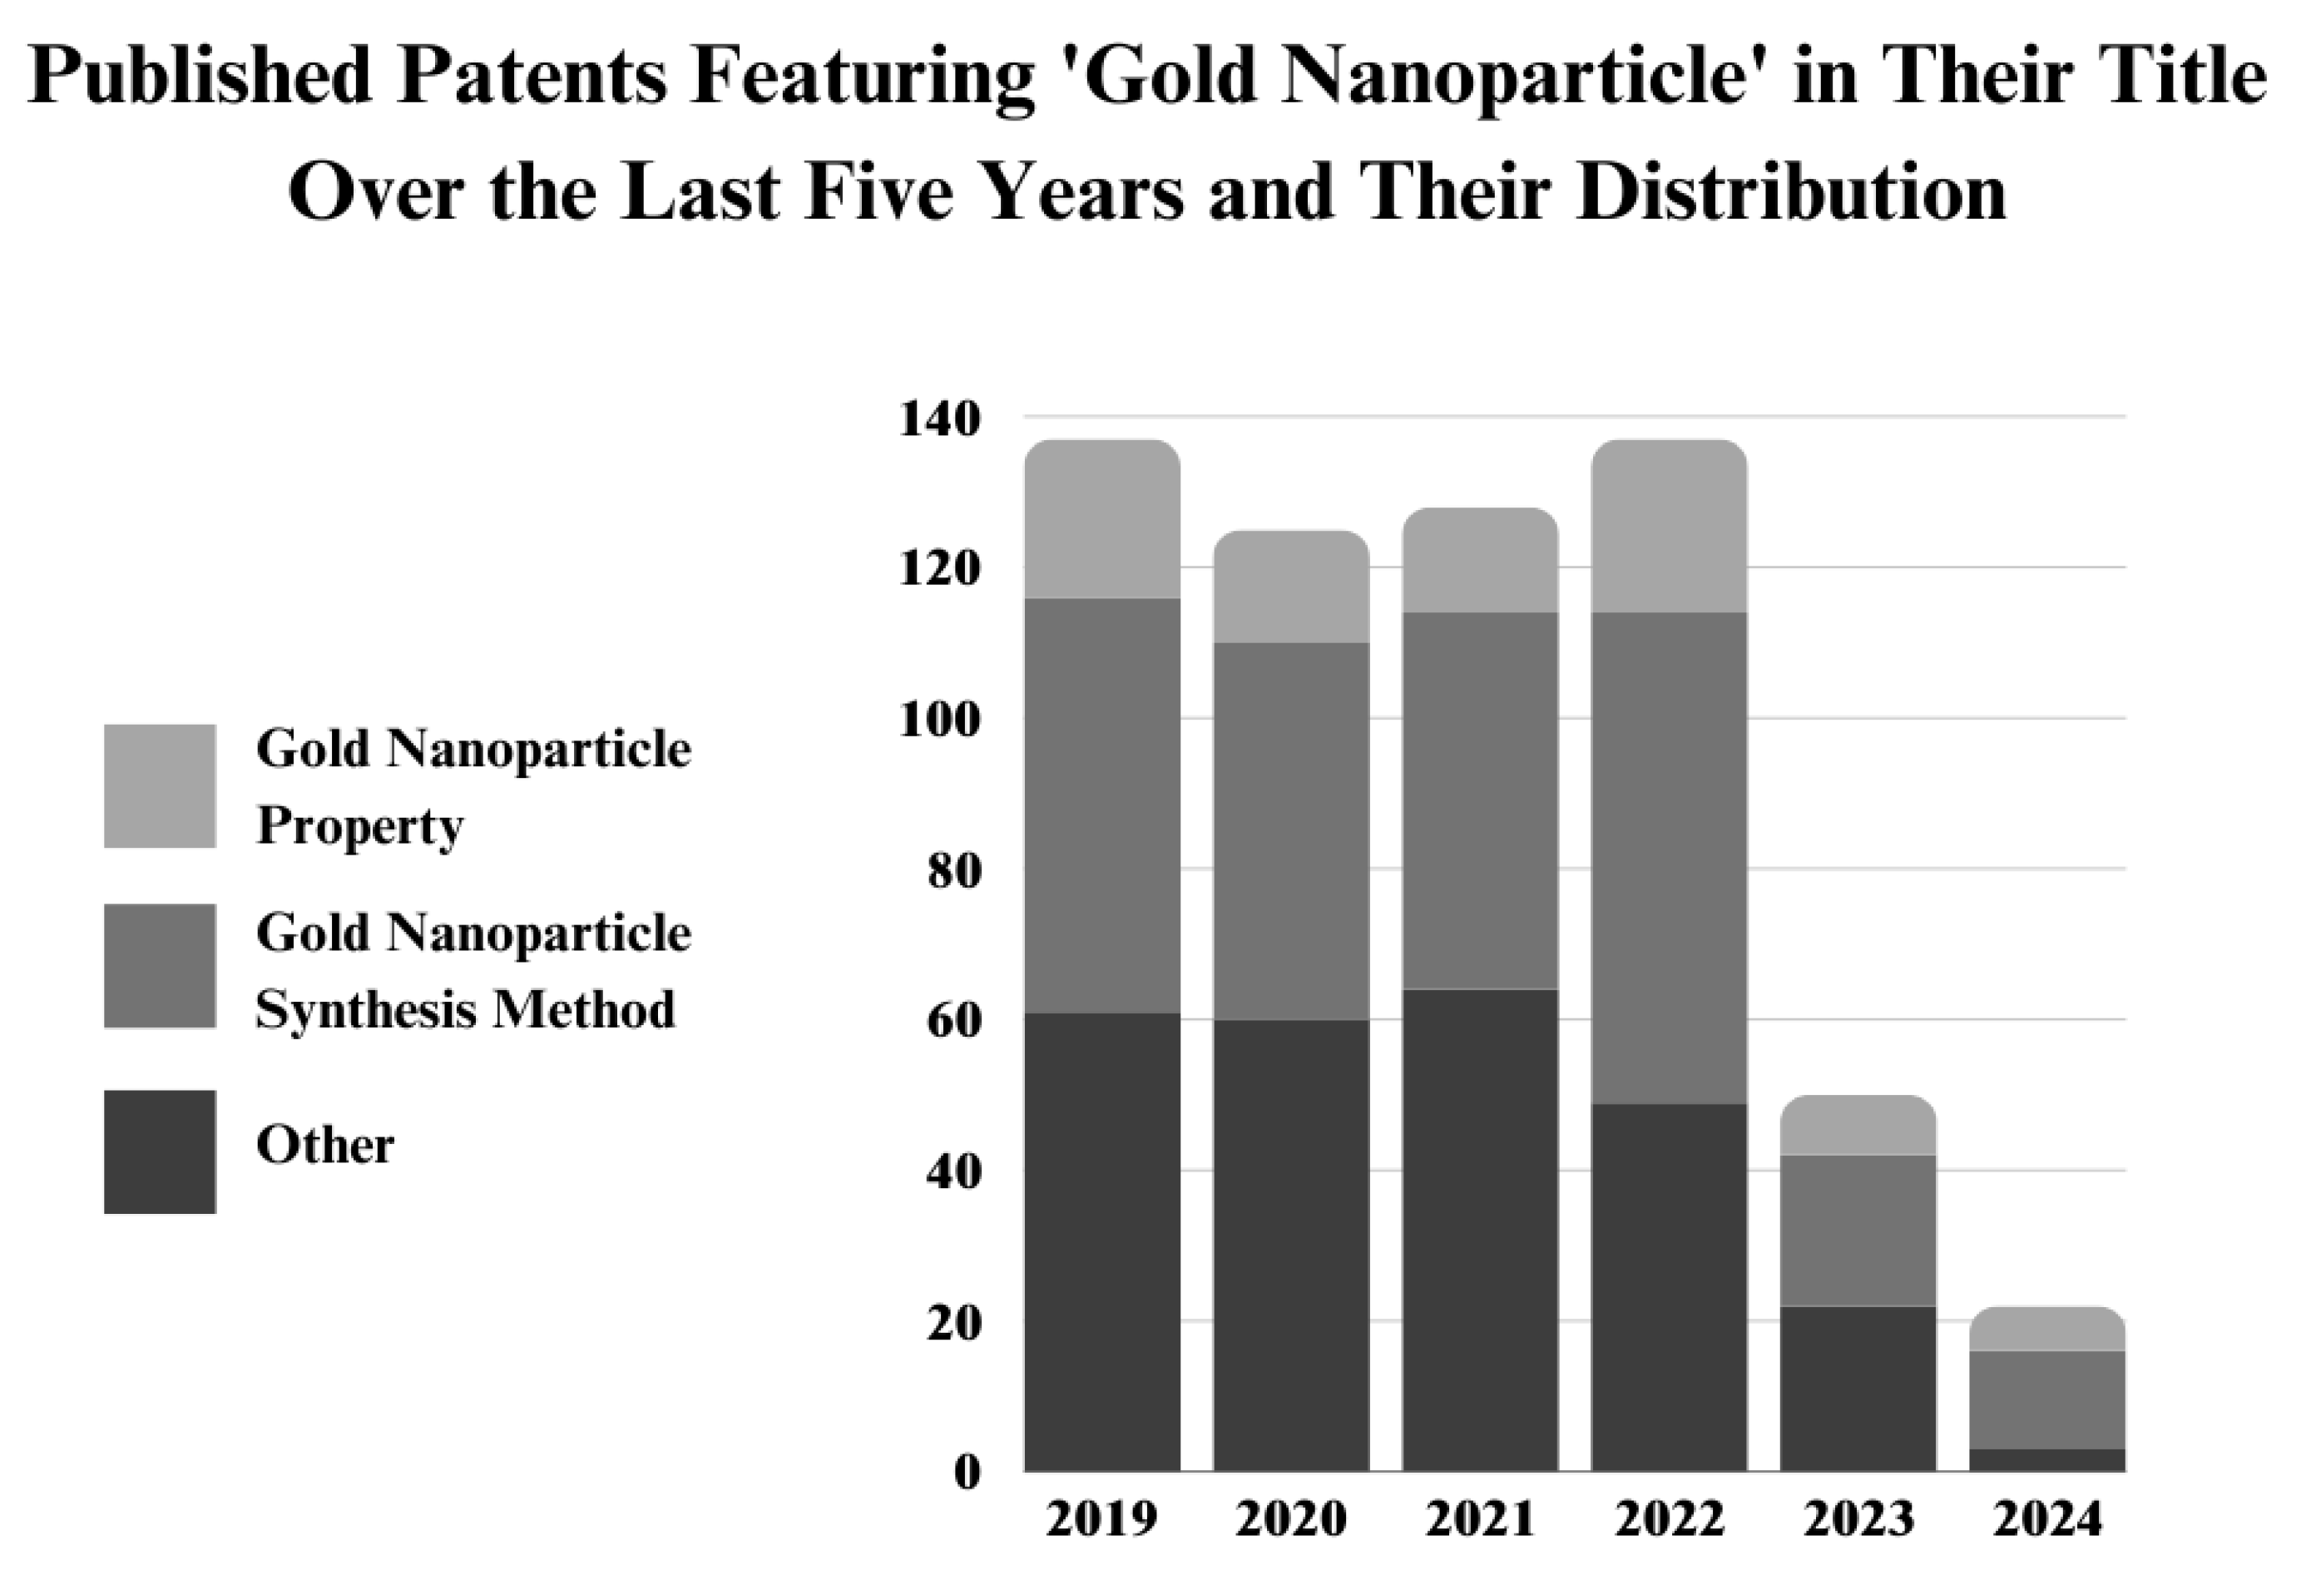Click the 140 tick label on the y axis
point(938,419)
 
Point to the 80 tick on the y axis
point(953,871)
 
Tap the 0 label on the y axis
point(967,1473)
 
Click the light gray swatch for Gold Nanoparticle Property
point(160,786)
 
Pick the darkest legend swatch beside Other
point(160,1152)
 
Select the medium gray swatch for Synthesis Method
point(160,966)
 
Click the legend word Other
point(324,1146)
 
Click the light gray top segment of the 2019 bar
point(1102,520)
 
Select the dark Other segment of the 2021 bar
point(1480,1227)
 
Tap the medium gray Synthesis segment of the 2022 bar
point(1670,856)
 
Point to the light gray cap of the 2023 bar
point(1858,1126)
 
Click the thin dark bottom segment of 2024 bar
point(2047,1460)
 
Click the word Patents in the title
point(532,78)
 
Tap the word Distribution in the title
point(1792,192)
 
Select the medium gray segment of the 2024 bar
point(2047,1399)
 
